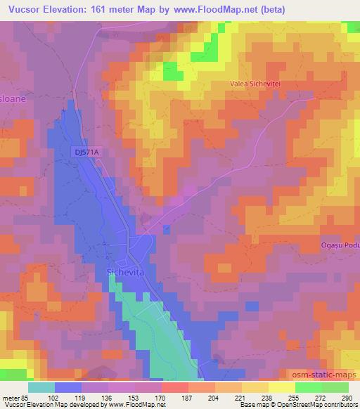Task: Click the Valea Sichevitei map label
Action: point(256,83)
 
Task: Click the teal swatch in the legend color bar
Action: point(42,387)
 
